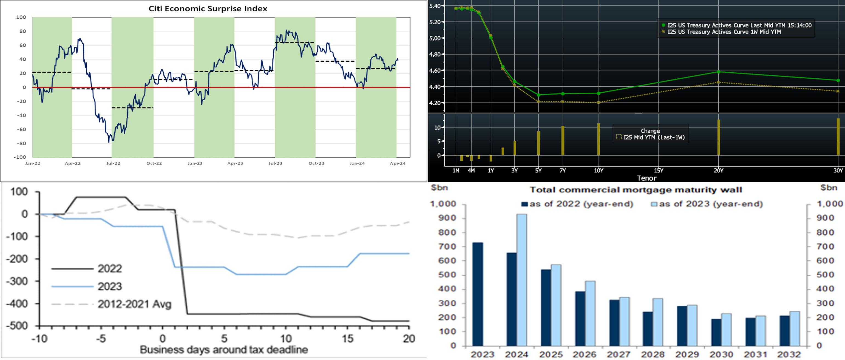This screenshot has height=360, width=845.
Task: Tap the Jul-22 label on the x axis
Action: (113, 163)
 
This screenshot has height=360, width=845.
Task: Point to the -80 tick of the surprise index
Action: (21, 143)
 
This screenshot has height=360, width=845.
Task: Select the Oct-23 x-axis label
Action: (316, 163)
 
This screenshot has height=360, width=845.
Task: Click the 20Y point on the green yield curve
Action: (718, 72)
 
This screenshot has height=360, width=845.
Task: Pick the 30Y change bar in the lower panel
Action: (838, 137)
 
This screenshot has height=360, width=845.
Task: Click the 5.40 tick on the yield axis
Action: (435, 6)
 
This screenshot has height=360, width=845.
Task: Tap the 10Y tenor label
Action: (599, 170)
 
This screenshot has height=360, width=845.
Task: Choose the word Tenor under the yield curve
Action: (646, 178)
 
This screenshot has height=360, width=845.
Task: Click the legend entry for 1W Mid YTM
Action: (724, 32)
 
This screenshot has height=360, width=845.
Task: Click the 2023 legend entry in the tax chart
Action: (110, 287)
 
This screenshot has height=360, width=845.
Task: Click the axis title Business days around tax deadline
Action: (224, 350)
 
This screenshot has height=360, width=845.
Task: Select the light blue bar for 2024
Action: (521, 280)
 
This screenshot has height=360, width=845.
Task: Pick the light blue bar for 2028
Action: (658, 322)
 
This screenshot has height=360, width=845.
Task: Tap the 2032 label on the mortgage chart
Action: (789, 355)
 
